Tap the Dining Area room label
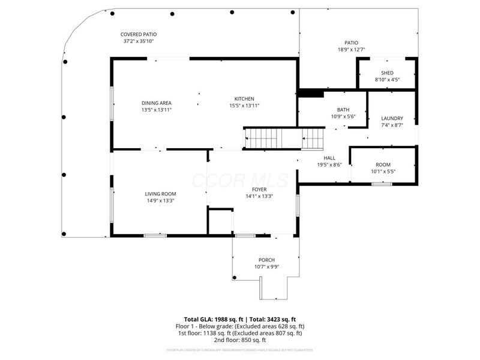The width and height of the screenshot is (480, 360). (x=157, y=103)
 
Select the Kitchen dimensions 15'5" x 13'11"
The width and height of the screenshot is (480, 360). (x=244, y=106)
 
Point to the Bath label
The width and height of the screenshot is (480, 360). (x=343, y=110)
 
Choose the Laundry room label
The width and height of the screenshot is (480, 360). (x=392, y=118)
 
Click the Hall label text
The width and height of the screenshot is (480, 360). (x=329, y=158)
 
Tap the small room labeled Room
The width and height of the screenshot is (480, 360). (x=383, y=165)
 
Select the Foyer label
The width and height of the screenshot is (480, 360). (x=259, y=189)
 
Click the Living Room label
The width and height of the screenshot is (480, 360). (x=160, y=194)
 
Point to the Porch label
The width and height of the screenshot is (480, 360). (x=266, y=260)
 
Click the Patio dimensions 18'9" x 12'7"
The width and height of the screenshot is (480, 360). (x=351, y=50)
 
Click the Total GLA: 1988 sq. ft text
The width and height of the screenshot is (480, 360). (x=214, y=319)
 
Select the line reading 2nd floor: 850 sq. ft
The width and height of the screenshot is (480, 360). (x=240, y=339)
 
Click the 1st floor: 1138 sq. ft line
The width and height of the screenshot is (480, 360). (x=240, y=332)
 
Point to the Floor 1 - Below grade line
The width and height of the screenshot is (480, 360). (x=240, y=326)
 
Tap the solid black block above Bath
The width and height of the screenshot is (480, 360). (x=311, y=93)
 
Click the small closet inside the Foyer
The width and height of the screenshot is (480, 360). (x=220, y=221)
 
